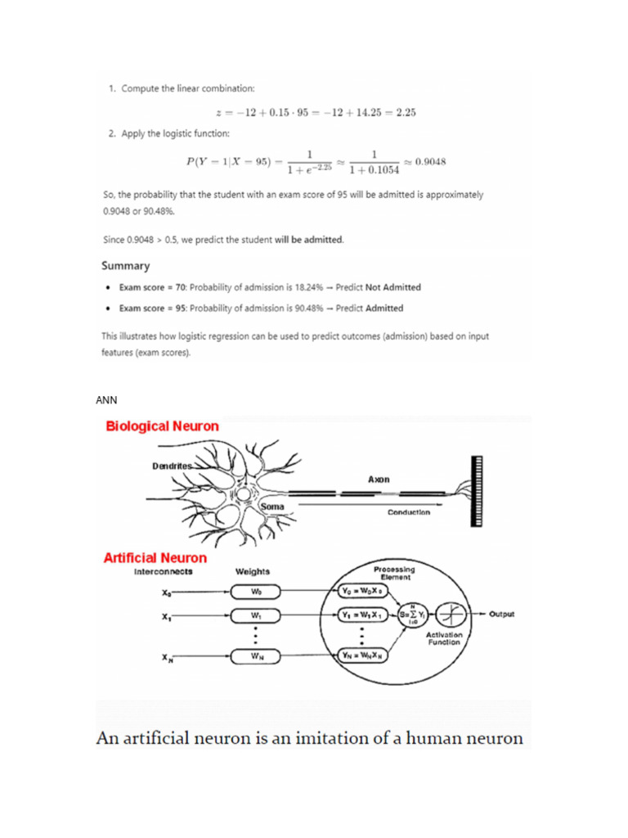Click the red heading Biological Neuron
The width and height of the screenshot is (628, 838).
coord(161,426)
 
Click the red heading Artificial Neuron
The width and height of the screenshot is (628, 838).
coord(155,558)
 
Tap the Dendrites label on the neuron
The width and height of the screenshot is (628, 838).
coord(172,466)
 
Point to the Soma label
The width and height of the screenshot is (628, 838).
coord(271,507)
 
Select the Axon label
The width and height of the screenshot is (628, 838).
coord(378,479)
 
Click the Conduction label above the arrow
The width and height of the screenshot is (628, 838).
coord(409,512)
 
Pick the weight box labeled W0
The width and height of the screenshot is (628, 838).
coord(256,590)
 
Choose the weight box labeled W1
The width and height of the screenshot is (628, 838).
coord(256,615)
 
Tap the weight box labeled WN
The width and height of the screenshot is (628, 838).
coord(256,656)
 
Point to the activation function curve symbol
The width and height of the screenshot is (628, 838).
coord(453,615)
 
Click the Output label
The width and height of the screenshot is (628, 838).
coord(501,615)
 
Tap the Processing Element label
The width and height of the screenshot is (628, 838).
coord(393,573)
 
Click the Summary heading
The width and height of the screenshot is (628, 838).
coord(125,266)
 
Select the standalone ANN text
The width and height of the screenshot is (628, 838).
coord(106,400)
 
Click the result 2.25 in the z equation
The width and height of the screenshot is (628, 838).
coord(406,112)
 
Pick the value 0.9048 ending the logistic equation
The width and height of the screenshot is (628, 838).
coord(430,161)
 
